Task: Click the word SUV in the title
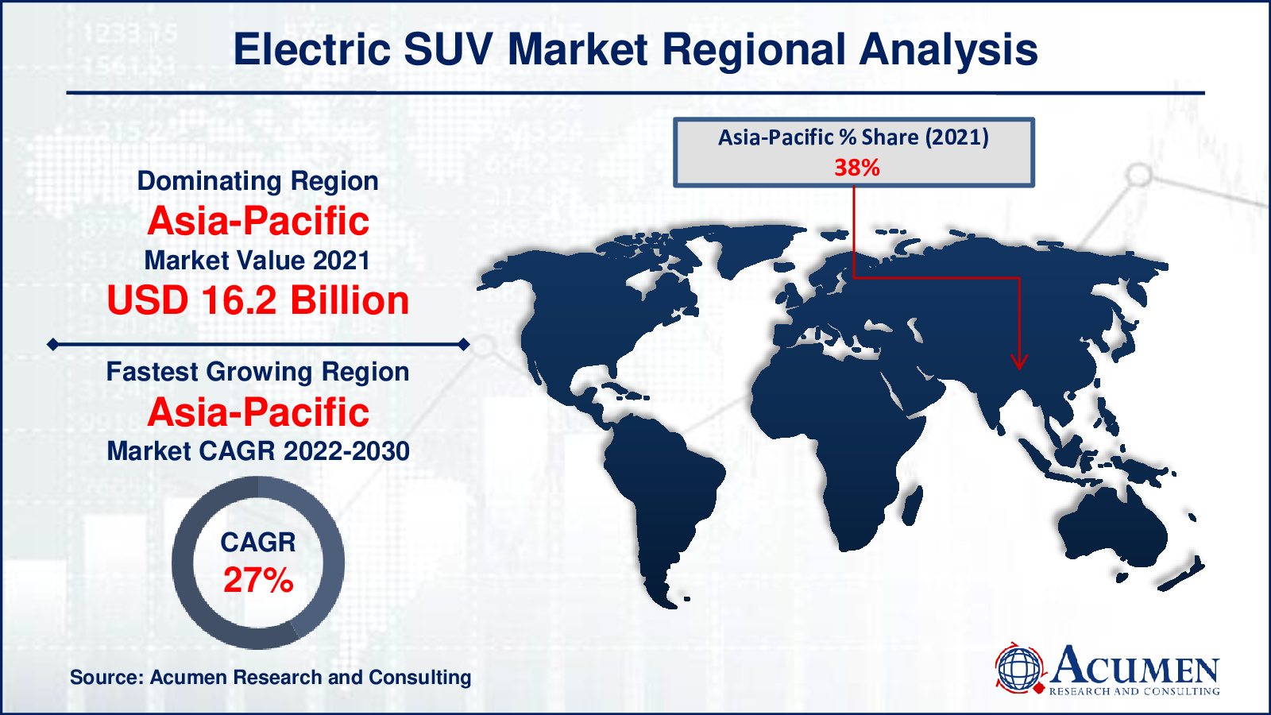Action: pos(448,49)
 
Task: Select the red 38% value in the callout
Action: pos(857,168)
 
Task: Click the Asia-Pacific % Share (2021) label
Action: pos(853,138)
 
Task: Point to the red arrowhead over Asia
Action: pos(1019,362)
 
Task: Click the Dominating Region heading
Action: pos(257,182)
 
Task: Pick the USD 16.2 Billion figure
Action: pos(258,300)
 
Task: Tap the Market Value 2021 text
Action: pos(257,261)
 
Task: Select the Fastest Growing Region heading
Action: pos(257,373)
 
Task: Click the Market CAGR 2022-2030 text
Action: pos(258,451)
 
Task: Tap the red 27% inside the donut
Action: pos(258,580)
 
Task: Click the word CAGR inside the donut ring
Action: pos(258,543)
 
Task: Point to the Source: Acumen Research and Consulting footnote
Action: pos(271,677)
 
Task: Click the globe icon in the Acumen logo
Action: pos(1019,668)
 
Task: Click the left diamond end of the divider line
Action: pos(52,345)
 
